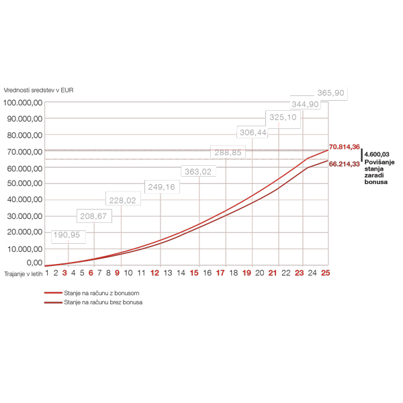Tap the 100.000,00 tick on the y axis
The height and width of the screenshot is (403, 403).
(x=24, y=103)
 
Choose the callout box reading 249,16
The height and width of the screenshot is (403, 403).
(x=160, y=187)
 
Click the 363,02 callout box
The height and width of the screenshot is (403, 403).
(x=198, y=172)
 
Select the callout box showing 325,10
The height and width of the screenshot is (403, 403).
(x=283, y=118)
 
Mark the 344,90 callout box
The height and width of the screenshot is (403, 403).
(x=306, y=104)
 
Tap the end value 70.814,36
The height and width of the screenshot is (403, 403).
(x=345, y=146)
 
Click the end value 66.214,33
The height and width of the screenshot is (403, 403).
(x=345, y=164)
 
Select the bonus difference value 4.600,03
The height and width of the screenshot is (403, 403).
(x=376, y=154)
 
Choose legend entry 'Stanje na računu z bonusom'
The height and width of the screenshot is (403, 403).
(x=101, y=294)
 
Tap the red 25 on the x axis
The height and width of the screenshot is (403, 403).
(x=326, y=273)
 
